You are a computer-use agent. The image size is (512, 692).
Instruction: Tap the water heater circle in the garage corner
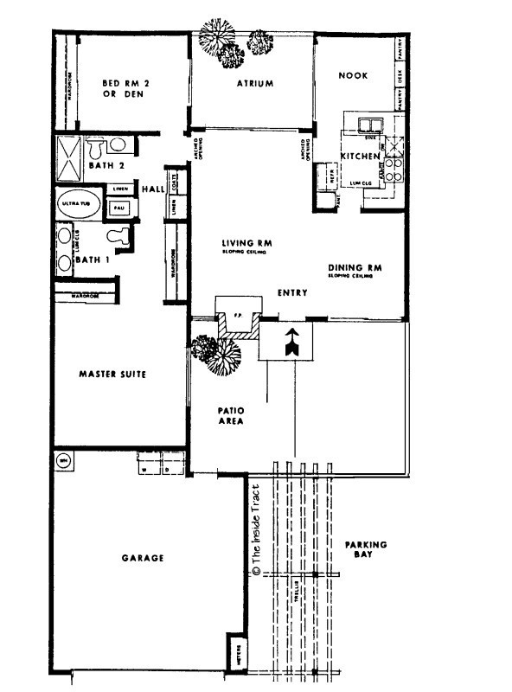63,461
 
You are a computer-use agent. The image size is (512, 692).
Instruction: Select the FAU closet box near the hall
118,208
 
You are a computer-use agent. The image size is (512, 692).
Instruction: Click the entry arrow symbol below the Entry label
291,343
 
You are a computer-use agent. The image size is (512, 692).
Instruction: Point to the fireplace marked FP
236,318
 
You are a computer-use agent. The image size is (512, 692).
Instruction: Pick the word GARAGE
143,558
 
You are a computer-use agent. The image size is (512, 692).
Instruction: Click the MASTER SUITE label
111,375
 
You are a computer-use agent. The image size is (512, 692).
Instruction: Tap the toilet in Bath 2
119,146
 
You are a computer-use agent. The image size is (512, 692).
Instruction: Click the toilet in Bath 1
118,235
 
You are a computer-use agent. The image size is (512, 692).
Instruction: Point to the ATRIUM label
255,84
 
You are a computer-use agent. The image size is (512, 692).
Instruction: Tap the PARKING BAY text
366,550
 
